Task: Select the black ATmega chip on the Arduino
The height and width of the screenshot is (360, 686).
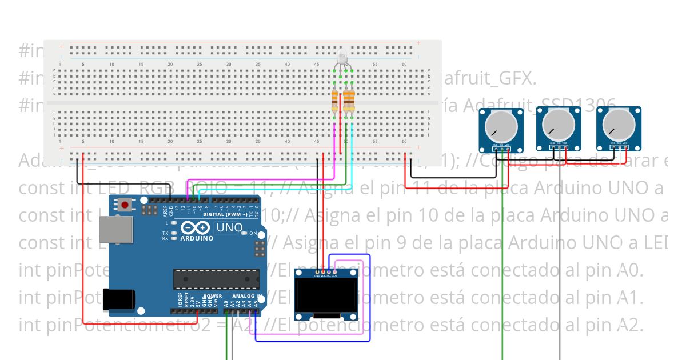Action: click(x=216, y=278)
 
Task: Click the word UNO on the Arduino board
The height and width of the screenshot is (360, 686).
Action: click(x=229, y=228)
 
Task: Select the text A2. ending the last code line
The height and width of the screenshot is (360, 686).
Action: click(x=631, y=326)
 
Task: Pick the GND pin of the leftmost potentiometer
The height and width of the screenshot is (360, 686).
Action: click(x=495, y=146)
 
